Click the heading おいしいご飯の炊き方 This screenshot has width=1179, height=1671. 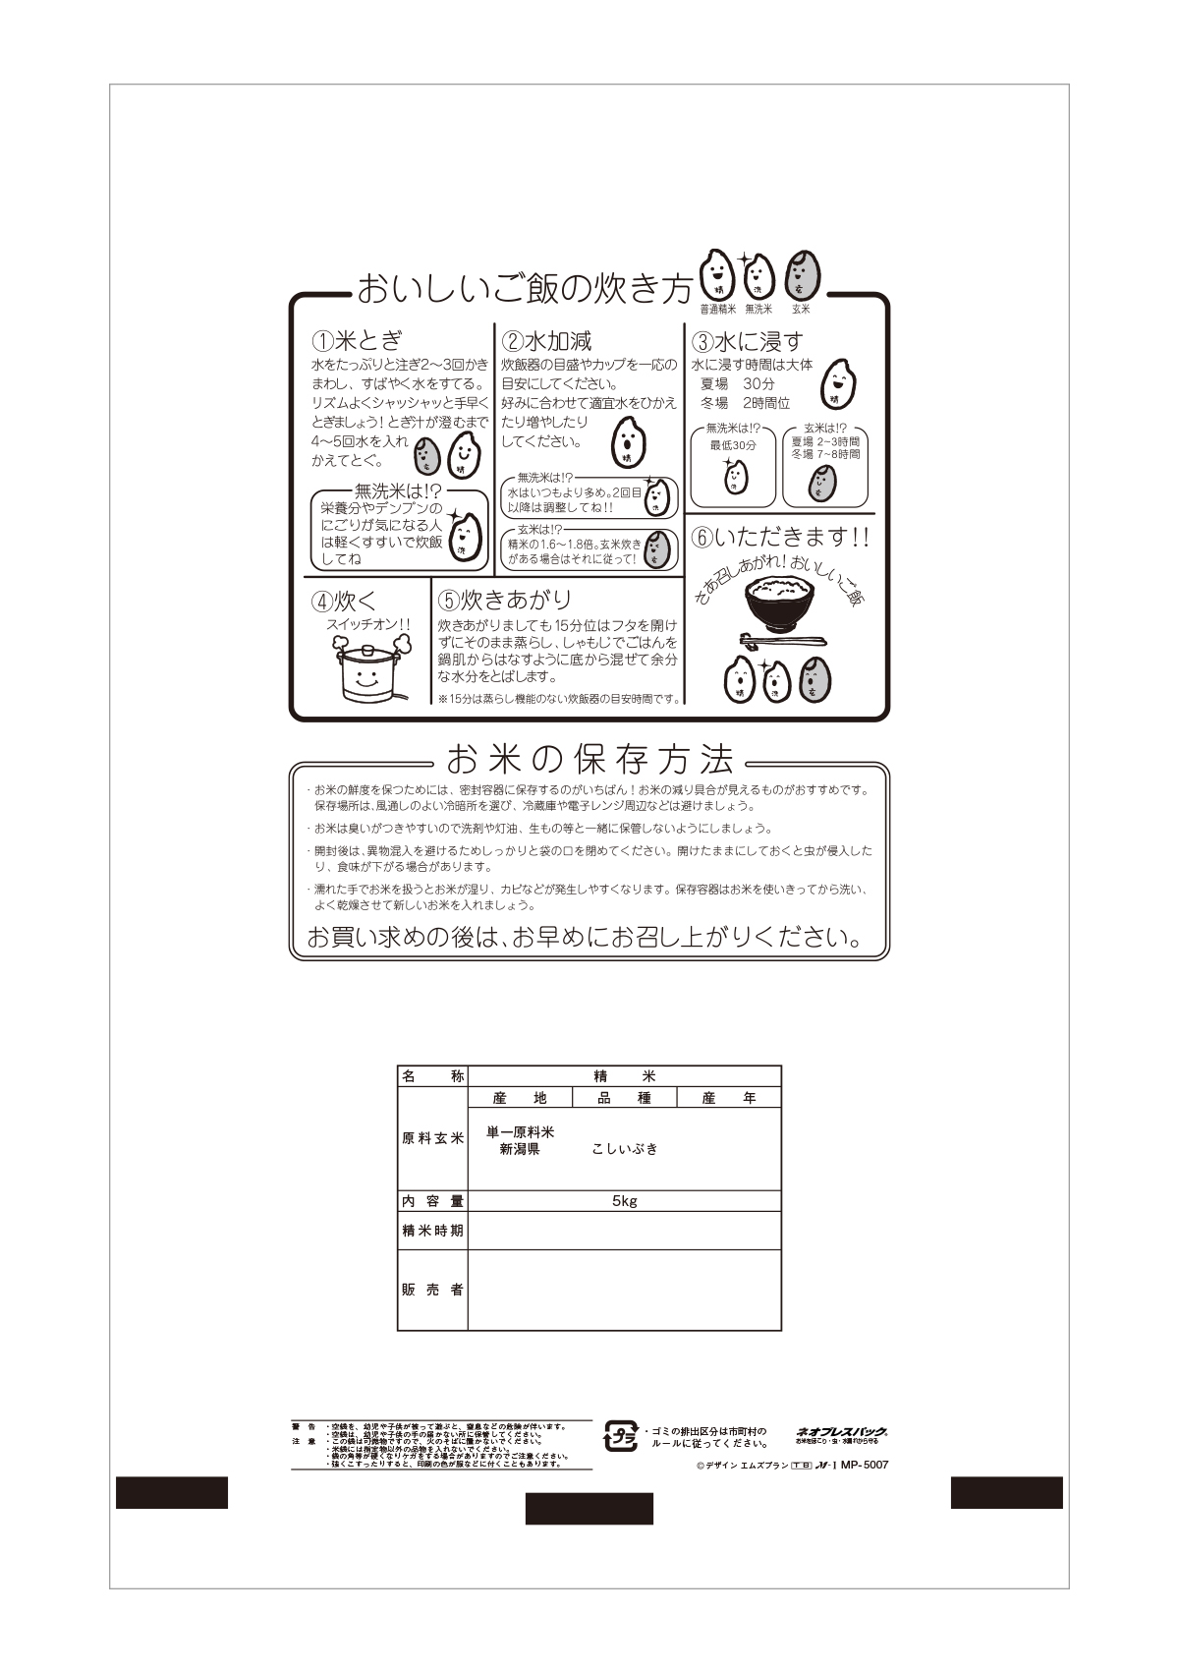pos(524,290)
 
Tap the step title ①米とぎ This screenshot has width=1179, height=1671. pos(357,341)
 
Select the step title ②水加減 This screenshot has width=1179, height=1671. pos(547,341)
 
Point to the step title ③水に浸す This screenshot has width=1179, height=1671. pos(748,342)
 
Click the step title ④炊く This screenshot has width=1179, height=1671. pos(344,601)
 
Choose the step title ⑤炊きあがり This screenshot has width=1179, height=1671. pos(504,600)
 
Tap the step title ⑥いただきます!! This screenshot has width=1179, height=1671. pos(780,538)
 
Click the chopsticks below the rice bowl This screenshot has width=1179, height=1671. pos(782,643)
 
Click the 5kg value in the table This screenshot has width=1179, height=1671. pos(624,1201)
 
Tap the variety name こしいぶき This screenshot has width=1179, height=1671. pos(625,1149)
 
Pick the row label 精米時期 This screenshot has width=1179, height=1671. pos(432,1231)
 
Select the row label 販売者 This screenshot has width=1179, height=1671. pos(432,1290)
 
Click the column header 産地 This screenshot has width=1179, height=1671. pos(520,1098)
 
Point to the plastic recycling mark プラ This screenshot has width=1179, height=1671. pos(621,1436)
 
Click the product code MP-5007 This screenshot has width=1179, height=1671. pos(865,1465)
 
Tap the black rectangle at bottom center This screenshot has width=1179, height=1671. pos(589,1508)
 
